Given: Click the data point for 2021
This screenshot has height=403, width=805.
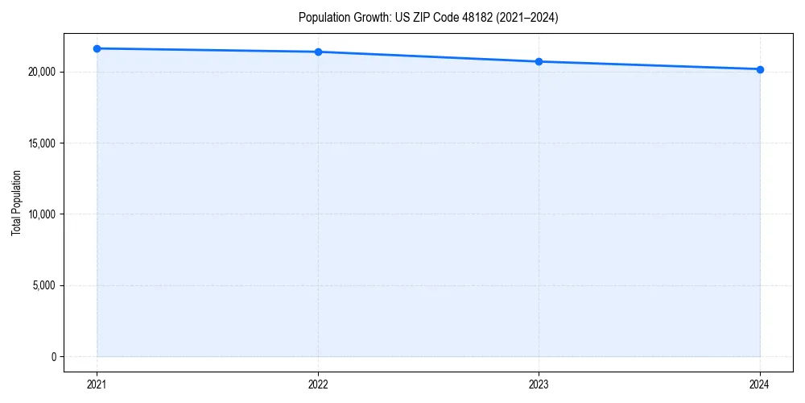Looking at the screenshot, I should tap(97, 48).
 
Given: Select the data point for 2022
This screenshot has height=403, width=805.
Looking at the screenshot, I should tap(318, 52).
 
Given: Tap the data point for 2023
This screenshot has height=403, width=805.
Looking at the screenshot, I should tap(539, 61).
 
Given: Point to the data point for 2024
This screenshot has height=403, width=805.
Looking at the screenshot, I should tap(760, 69).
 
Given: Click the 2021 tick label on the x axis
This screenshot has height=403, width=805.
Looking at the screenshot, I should tap(97, 384).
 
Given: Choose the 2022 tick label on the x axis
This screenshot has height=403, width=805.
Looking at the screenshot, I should tap(318, 384).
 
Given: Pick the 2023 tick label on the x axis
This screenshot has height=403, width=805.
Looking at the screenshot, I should tap(539, 384).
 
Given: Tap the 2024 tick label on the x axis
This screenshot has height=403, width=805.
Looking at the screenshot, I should tap(760, 384).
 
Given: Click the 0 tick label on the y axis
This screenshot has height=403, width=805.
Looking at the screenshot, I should tap(52, 356).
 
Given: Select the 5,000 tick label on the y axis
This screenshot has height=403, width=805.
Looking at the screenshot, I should tap(43, 285).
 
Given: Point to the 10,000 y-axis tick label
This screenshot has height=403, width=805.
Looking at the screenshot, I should tap(40, 214).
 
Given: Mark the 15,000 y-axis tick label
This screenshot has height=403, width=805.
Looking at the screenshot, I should tap(40, 143).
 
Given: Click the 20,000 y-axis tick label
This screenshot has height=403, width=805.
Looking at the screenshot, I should tap(40, 73).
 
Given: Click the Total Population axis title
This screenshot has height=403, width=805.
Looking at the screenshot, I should tap(16, 202).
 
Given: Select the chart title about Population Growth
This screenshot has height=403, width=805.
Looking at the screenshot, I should tap(428, 18).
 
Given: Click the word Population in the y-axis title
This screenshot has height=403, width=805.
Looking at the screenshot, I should tap(16, 190).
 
